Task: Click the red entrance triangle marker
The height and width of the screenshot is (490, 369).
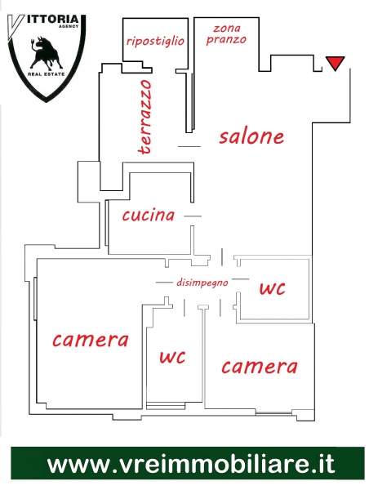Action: click(335, 63)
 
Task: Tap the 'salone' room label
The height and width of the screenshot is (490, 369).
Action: click(251, 136)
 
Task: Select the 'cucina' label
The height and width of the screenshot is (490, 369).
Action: click(148, 215)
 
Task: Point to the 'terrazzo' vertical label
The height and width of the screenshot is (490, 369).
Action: click(145, 117)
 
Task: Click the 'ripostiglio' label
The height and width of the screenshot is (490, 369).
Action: click(155, 41)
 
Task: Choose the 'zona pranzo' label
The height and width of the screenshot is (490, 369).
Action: click(226, 34)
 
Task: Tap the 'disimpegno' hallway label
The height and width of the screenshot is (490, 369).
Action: click(202, 283)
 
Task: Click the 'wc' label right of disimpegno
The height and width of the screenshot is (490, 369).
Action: click(272, 288)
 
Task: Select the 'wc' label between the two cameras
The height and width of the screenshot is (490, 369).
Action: click(172, 357)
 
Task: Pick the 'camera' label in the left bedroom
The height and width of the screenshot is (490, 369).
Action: click(91, 340)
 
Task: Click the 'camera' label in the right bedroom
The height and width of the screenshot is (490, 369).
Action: click(260, 366)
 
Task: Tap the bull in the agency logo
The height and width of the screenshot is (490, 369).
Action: click(46, 53)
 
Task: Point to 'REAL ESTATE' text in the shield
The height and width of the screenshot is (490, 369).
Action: click(47, 74)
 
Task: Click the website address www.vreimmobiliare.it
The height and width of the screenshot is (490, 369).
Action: click(191, 464)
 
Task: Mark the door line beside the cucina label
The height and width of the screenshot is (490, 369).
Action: click(193, 216)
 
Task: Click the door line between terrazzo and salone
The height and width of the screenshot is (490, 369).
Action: click(189, 146)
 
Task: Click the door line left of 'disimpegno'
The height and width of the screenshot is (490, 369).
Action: click(164, 283)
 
